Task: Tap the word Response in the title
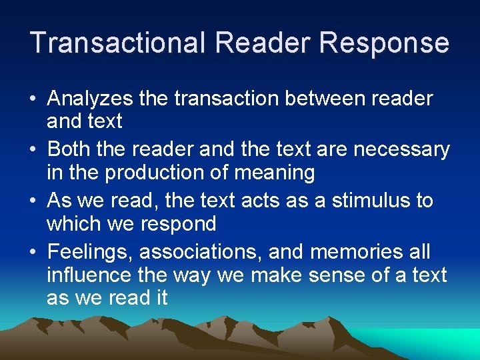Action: (385, 43)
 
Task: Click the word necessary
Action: (402, 149)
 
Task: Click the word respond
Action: (178, 225)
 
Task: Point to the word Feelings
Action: (90, 252)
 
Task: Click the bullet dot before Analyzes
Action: (33, 100)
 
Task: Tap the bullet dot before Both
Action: (33, 149)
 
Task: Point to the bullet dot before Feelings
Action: (33, 253)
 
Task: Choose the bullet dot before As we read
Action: (33, 201)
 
